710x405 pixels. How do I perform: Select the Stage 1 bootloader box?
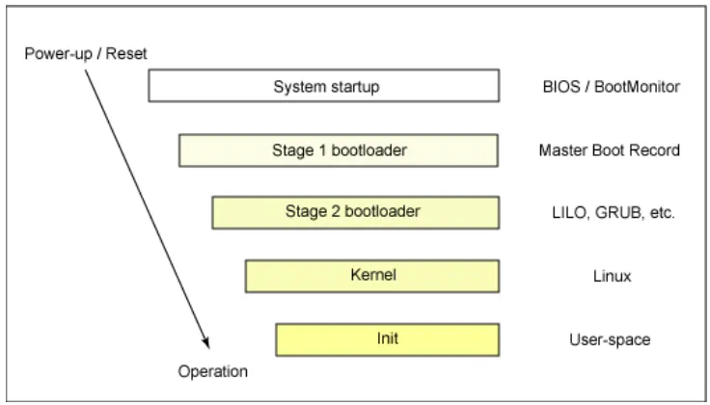click(338, 149)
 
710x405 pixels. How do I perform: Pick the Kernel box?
click(371, 275)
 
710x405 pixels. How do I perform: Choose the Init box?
click(387, 338)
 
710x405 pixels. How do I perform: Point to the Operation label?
click(213, 370)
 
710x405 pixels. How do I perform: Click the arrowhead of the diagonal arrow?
click(205, 340)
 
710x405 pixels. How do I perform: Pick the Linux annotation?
click(612, 276)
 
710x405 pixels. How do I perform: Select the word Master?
click(560, 150)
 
